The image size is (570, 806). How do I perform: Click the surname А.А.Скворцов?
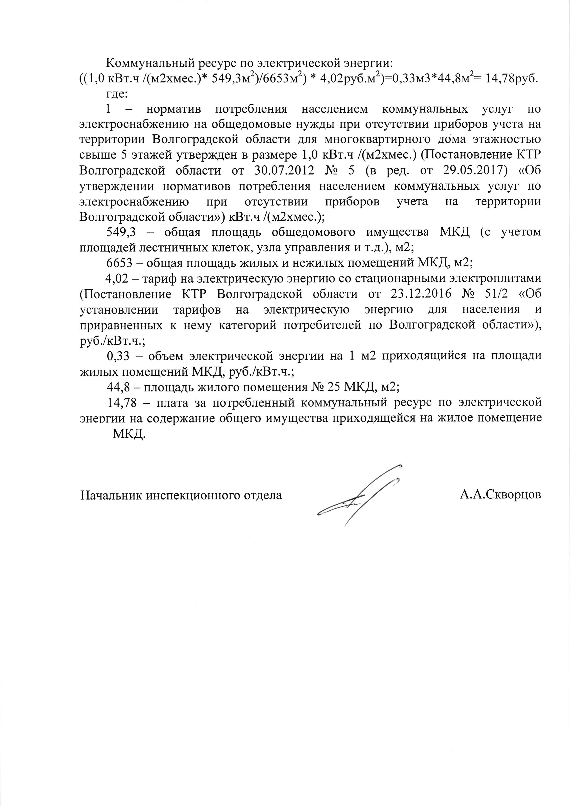click(x=500, y=495)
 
